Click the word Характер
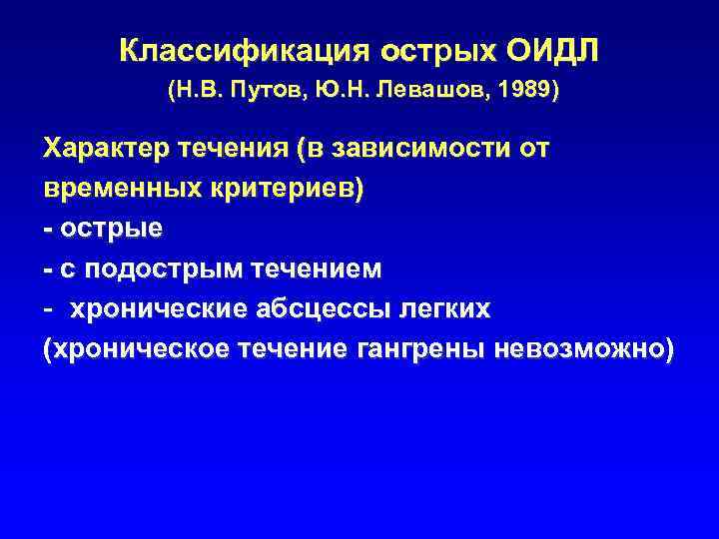click(x=104, y=150)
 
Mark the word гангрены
click(x=422, y=350)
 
